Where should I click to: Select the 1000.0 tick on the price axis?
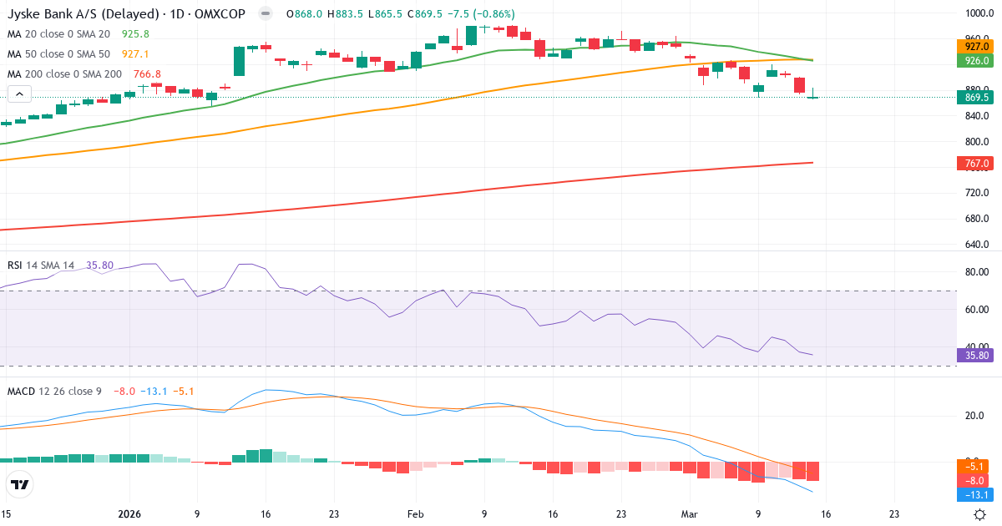pos(977,13)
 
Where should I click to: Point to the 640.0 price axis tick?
pos(977,245)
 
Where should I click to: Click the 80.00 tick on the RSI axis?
pos(977,271)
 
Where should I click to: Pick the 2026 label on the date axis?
pos(129,514)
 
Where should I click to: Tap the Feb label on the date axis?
pos(415,514)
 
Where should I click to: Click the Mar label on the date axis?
pos(690,514)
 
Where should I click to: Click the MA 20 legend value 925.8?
pos(135,34)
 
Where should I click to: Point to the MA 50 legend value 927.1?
pos(135,54)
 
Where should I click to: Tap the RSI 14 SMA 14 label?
pos(41,266)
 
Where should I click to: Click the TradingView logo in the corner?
pos(20,484)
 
